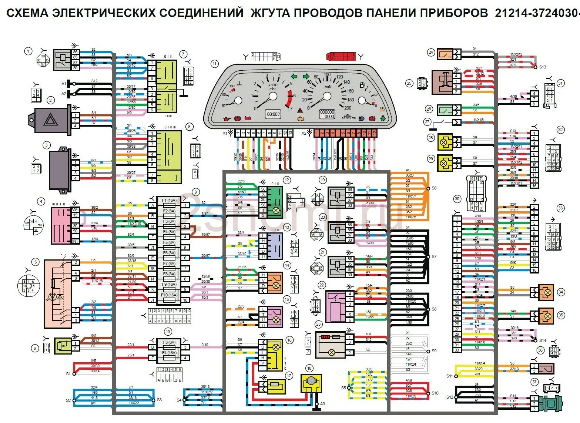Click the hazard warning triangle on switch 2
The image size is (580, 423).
click(x=51, y=120)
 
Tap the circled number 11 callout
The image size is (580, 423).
click(x=215, y=64)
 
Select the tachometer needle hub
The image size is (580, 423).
click(x=273, y=97)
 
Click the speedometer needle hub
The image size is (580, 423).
click(x=327, y=97)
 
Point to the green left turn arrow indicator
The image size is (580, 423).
click(x=294, y=77)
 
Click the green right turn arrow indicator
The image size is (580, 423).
click(x=306, y=77)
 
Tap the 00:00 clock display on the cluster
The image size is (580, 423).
click(x=274, y=114)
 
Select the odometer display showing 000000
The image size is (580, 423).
click(x=327, y=114)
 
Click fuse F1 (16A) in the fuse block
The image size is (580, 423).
click(x=169, y=201)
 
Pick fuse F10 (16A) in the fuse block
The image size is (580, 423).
click(x=169, y=295)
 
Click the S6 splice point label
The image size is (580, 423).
click(x=434, y=188)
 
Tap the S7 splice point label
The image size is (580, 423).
click(x=434, y=256)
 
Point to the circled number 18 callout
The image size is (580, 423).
click(x=309, y=368)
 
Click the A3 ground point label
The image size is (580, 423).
click(x=323, y=404)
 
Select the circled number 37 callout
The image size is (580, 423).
click(x=534, y=382)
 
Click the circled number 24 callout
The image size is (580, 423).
click(x=430, y=53)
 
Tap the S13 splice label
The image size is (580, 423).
click(x=542, y=67)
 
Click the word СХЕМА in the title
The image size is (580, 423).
click(x=28, y=14)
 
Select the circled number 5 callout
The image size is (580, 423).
click(x=36, y=262)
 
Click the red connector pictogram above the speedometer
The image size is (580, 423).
click(x=341, y=57)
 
